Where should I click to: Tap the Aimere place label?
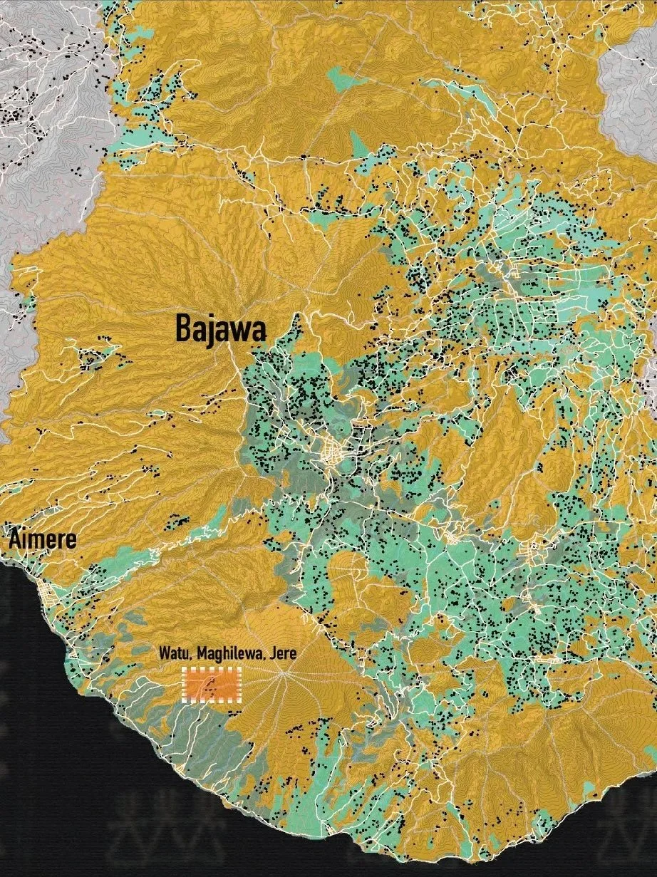tap(42, 540)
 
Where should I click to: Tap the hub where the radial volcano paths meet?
tap(283, 673)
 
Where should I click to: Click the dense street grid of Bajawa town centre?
tap(333, 450)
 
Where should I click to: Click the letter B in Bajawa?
tap(182, 329)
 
